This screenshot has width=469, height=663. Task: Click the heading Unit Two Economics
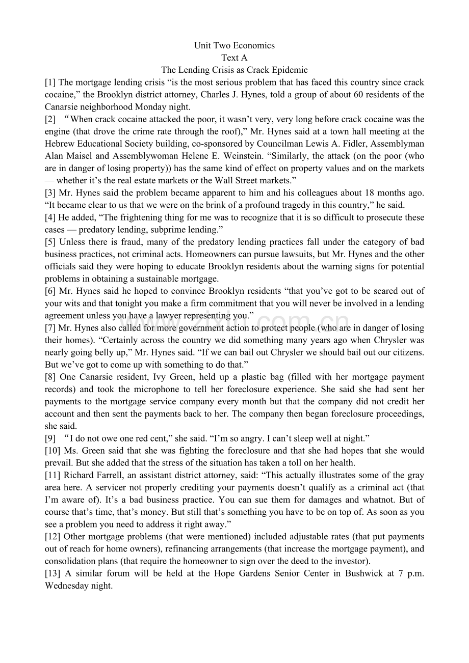pos(234,46)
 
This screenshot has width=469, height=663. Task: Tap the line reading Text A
pos(234,58)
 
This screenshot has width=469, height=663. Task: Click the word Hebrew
pos(60,144)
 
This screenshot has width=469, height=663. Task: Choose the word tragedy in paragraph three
pos(293,205)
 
